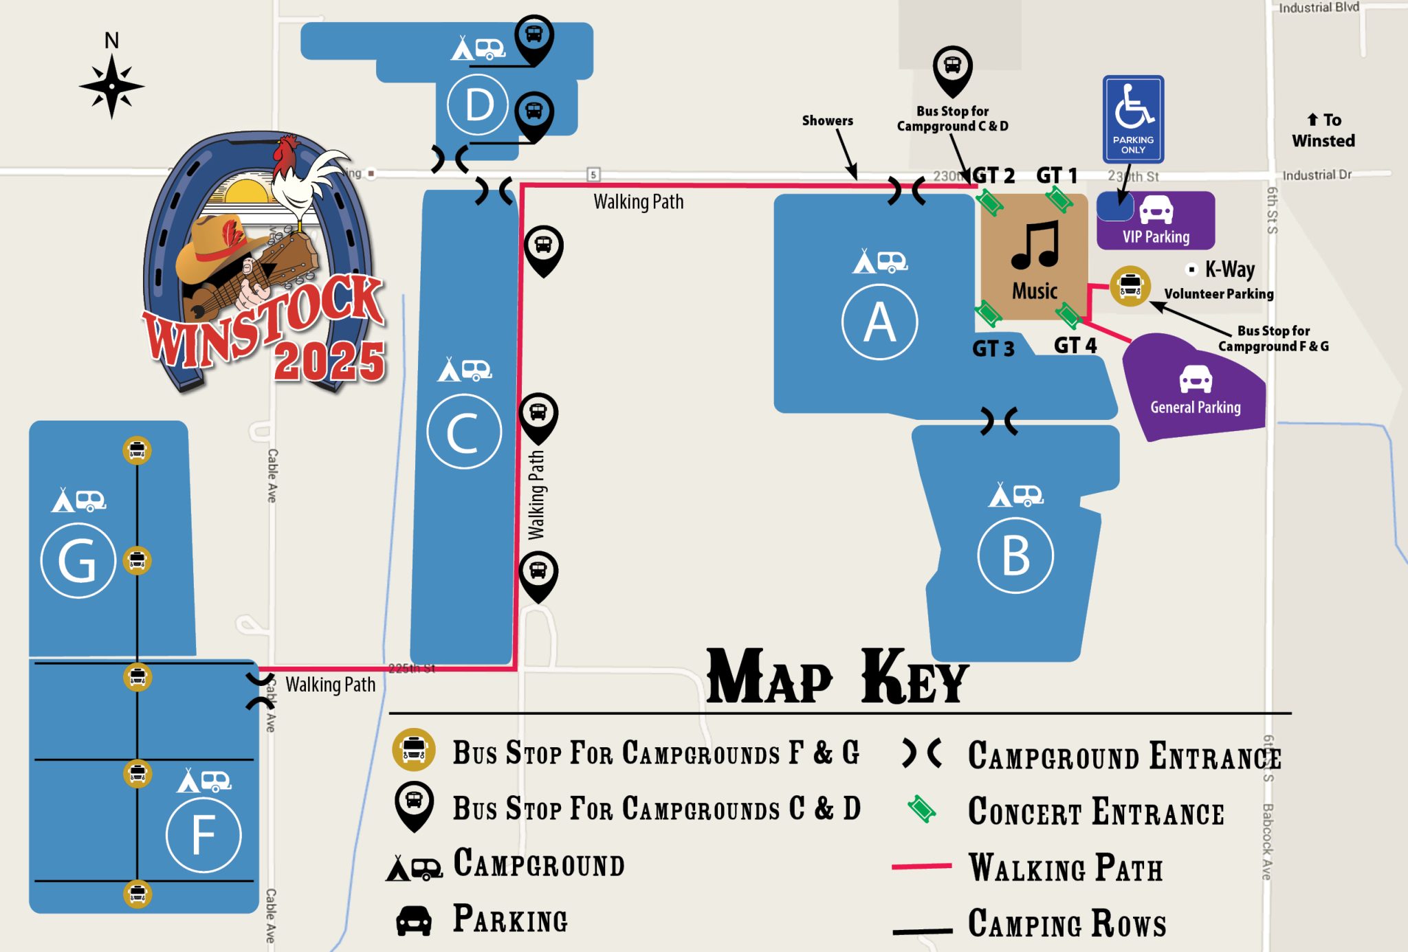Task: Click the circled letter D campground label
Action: pyautogui.click(x=478, y=105)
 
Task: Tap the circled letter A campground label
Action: pyautogui.click(x=879, y=322)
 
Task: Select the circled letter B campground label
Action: pyautogui.click(x=1015, y=555)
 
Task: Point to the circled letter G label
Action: pyautogui.click(x=78, y=561)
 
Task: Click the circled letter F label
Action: pyautogui.click(x=203, y=835)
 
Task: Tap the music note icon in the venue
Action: pyautogui.click(x=1035, y=245)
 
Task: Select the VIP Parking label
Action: pyautogui.click(x=1156, y=237)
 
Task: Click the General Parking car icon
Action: pyautogui.click(x=1196, y=379)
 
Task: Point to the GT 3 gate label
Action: pyautogui.click(x=993, y=349)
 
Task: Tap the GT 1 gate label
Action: pyautogui.click(x=1057, y=176)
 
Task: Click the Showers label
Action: pyautogui.click(x=827, y=121)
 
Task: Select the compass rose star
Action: pyautogui.click(x=111, y=87)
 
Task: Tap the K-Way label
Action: pyautogui.click(x=1229, y=269)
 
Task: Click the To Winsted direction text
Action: pyautogui.click(x=1323, y=131)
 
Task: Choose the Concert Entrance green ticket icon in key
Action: pyautogui.click(x=921, y=809)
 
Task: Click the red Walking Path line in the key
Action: pyautogui.click(x=921, y=867)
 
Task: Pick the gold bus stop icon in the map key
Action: pyautogui.click(x=413, y=749)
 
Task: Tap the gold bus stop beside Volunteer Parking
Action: pyautogui.click(x=1130, y=285)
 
